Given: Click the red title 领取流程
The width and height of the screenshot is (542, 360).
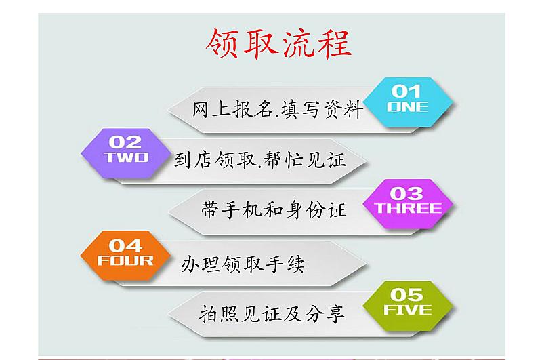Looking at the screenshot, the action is click(x=278, y=43).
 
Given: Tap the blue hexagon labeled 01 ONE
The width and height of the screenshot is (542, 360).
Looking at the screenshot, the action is click(x=408, y=102).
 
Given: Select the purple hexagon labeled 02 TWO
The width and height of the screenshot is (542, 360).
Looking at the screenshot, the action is click(x=125, y=153).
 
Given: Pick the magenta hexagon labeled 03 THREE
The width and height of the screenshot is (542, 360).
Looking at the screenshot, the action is click(x=408, y=204).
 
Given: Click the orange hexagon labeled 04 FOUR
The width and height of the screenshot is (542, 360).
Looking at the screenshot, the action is click(x=125, y=256).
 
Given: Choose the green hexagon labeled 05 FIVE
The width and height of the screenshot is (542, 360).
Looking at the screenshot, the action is click(x=408, y=306).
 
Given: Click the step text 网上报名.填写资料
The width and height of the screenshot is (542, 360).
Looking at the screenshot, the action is click(x=278, y=109).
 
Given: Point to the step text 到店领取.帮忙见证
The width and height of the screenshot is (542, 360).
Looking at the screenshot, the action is click(x=259, y=160).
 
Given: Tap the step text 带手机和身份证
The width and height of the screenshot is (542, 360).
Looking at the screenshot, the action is click(x=274, y=210).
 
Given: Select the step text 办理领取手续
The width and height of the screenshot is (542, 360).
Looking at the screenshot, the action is click(x=243, y=264).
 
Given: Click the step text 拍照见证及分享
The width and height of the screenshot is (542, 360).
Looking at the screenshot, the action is click(x=272, y=314).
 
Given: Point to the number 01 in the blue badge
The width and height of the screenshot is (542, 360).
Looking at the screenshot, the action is click(x=406, y=92).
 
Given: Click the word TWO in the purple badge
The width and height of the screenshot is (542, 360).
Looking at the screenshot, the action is click(x=126, y=157).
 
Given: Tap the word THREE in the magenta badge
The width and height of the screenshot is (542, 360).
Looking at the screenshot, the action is click(x=409, y=208).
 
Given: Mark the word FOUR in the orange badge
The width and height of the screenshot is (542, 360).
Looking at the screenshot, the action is click(x=125, y=260).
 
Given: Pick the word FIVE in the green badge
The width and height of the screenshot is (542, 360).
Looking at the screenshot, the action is click(x=408, y=310).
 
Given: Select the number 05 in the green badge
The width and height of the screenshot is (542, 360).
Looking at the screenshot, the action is click(x=407, y=295).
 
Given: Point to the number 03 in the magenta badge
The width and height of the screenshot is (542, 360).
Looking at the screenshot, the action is click(x=406, y=194).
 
